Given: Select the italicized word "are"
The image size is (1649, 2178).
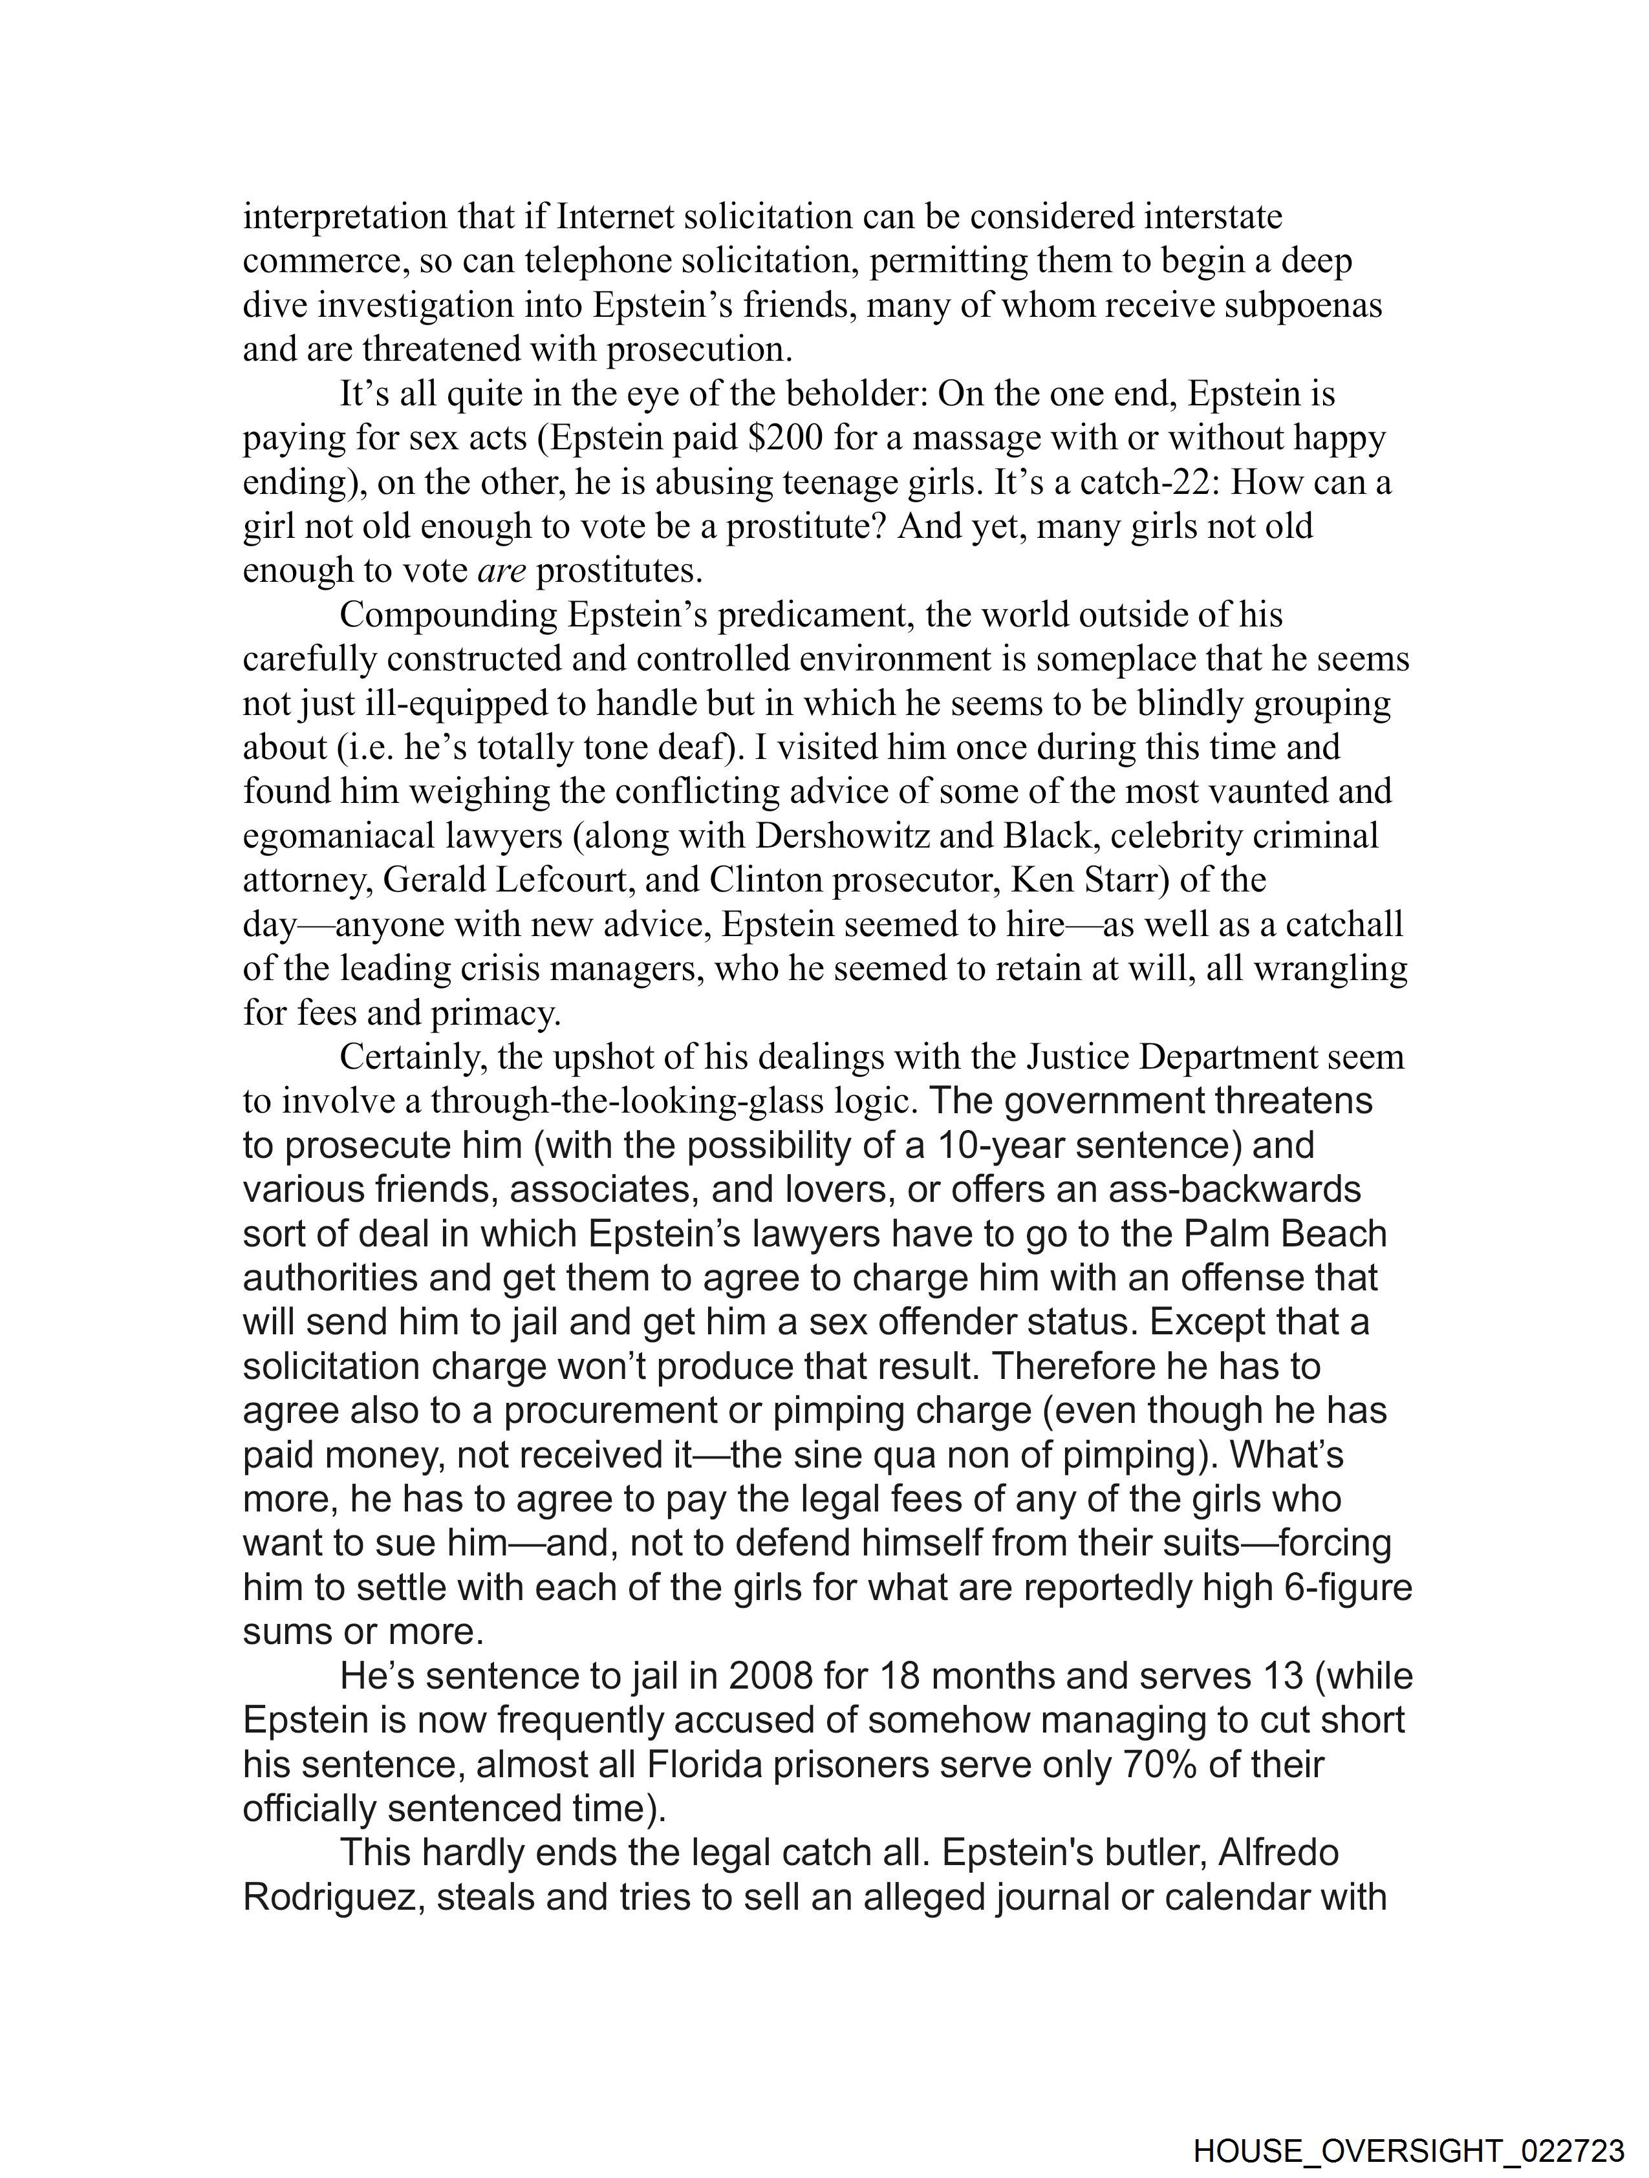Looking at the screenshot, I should pyautogui.click(x=501, y=570).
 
